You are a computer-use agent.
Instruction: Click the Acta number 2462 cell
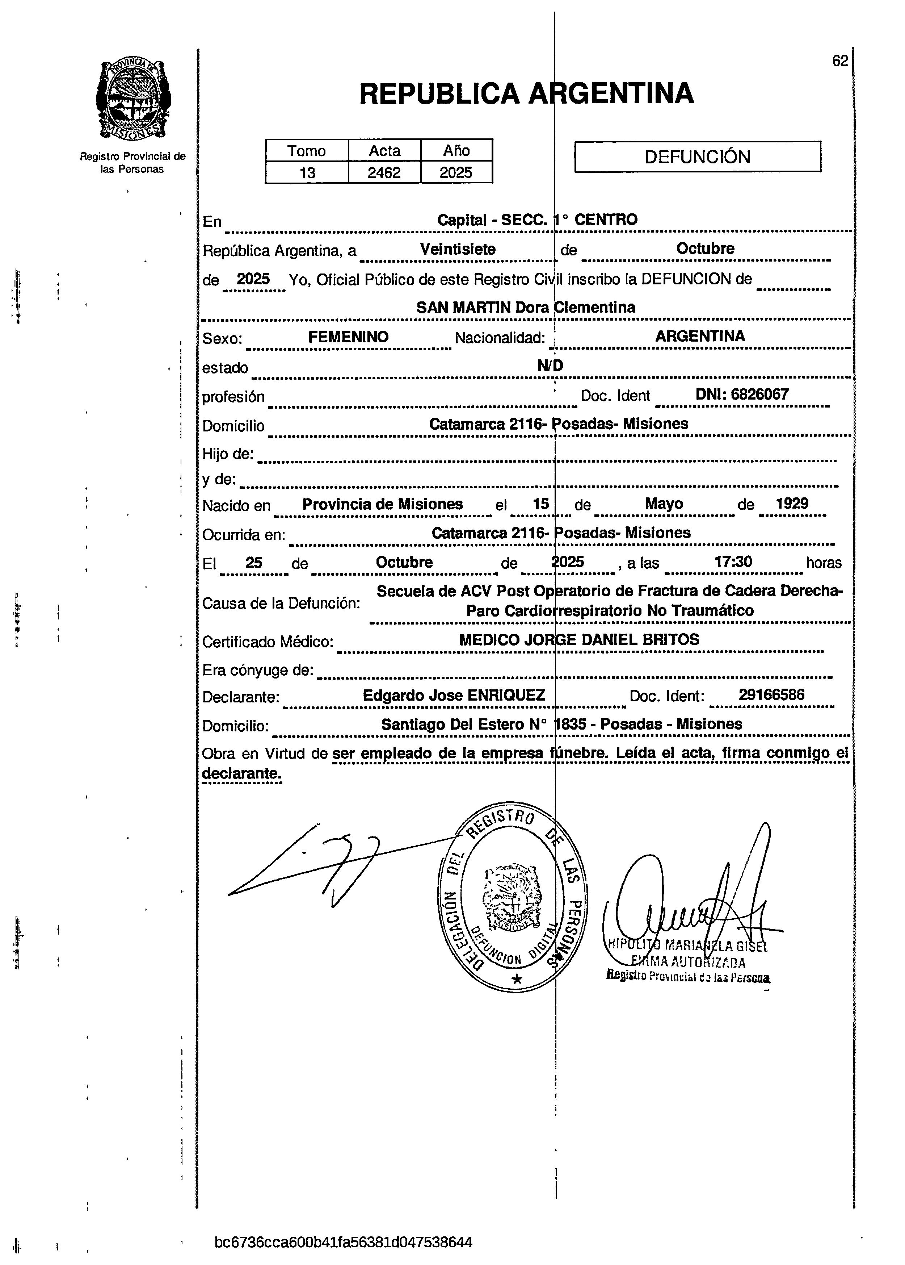point(384,173)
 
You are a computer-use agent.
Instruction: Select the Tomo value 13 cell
point(307,173)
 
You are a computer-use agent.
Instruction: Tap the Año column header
point(456,151)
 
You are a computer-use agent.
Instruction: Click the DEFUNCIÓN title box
point(697,156)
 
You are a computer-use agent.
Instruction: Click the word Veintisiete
point(458,249)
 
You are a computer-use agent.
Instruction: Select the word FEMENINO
point(348,337)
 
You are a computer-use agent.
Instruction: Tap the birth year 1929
point(792,504)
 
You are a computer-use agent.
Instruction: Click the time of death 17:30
point(733,561)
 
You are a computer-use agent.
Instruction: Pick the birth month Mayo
point(664,504)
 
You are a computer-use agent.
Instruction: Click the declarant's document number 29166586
point(771,695)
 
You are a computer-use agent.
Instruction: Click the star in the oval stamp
point(517,979)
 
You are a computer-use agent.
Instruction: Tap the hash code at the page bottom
point(343,1243)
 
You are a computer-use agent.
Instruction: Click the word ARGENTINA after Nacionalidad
point(700,336)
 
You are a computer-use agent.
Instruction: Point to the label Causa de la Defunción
point(281,603)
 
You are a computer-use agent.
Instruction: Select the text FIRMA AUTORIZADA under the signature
point(689,962)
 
